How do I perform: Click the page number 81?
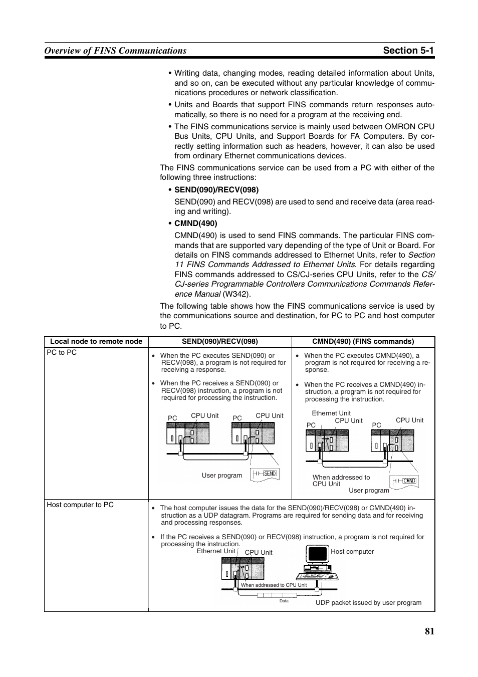coord(429,631)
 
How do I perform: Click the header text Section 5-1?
coord(408,50)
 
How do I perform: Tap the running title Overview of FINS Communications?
coord(115,50)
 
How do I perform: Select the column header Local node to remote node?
coord(96,342)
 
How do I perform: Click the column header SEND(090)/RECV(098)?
coord(219,342)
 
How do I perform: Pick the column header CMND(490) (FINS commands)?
coord(363,342)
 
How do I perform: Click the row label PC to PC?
coord(62,353)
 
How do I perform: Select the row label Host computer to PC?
coord(80,505)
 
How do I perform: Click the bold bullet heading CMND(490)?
coord(195,223)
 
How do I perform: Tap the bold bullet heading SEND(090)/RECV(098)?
coord(216,190)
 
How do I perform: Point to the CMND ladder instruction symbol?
coord(405,481)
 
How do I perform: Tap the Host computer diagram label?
coord(352,552)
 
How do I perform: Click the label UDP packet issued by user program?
coord(368,603)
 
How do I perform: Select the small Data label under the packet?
coord(284,601)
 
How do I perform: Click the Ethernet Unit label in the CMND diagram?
coord(331,413)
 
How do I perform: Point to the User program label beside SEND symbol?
coord(222,476)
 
